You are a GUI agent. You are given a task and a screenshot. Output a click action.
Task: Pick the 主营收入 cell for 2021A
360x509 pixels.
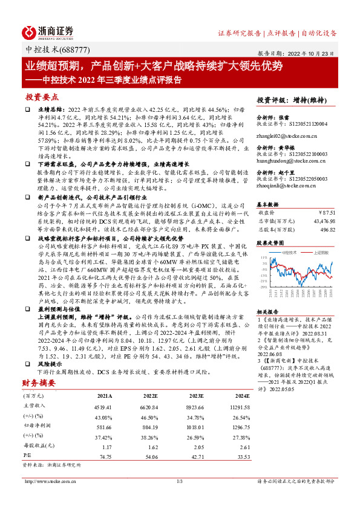coord(106,406)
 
